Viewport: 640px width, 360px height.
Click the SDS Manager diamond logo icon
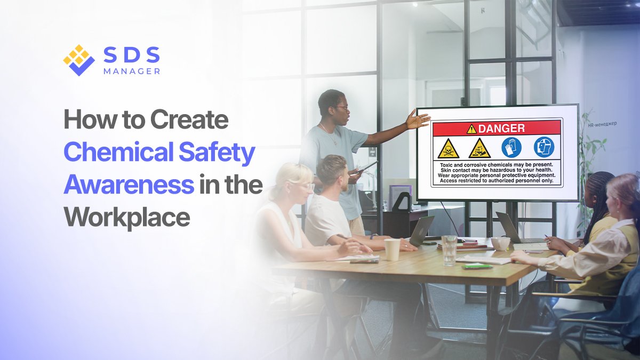(x=78, y=59)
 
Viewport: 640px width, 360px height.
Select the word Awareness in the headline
(x=129, y=185)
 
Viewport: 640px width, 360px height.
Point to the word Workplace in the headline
(x=127, y=217)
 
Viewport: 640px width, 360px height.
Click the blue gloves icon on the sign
(x=511, y=147)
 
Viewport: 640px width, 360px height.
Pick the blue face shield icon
(x=544, y=147)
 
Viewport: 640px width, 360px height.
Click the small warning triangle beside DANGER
(x=471, y=129)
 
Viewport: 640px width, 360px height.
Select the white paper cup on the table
(x=392, y=249)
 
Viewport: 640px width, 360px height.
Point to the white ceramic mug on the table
(x=501, y=244)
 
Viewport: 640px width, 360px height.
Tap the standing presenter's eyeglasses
(x=342, y=108)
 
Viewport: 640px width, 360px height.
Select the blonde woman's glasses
(x=306, y=187)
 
